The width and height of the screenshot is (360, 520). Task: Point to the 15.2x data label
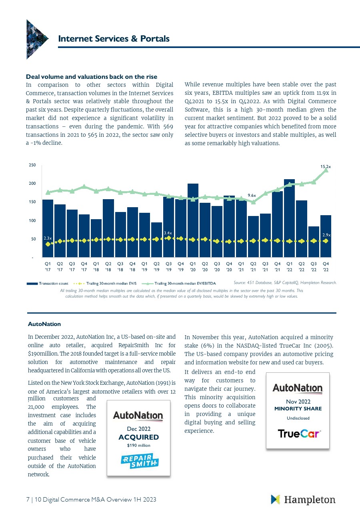pos(326,166)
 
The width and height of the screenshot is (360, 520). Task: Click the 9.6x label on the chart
pos(251,195)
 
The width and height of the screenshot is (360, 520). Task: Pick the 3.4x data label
pos(168,233)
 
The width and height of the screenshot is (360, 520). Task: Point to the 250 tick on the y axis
pos(32,165)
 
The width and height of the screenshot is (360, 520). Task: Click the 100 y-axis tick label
pos(32,220)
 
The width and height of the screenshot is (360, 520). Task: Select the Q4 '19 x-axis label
pos(181,266)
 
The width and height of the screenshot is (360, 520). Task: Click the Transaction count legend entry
pos(47,284)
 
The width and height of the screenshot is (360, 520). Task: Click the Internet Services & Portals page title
pos(114,39)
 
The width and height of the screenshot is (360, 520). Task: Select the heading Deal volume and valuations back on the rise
pos(92,76)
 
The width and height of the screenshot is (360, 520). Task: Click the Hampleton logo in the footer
pos(303,500)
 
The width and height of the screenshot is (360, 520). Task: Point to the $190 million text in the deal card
pos(138,445)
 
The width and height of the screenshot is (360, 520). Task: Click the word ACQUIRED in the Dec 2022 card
pos(138,437)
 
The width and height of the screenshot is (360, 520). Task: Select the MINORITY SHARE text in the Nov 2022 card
pos(298,409)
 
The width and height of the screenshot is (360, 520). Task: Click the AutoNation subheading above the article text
pos(44,324)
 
